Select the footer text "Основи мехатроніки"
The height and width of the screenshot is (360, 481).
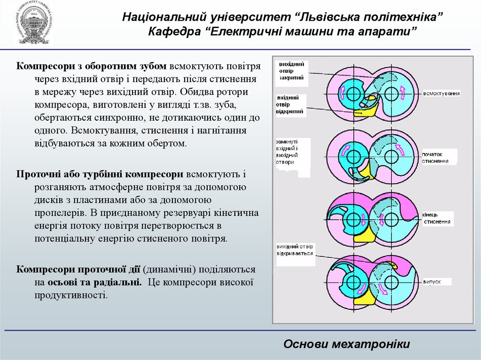[347, 344]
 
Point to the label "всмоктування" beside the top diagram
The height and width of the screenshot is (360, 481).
[441, 93]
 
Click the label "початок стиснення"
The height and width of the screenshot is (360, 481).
[438, 157]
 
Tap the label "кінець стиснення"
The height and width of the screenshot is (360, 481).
[436, 218]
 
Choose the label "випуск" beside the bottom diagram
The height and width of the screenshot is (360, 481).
[432, 282]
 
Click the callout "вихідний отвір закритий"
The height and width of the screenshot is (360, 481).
[291, 71]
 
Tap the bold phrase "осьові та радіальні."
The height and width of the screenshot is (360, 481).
[94, 283]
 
